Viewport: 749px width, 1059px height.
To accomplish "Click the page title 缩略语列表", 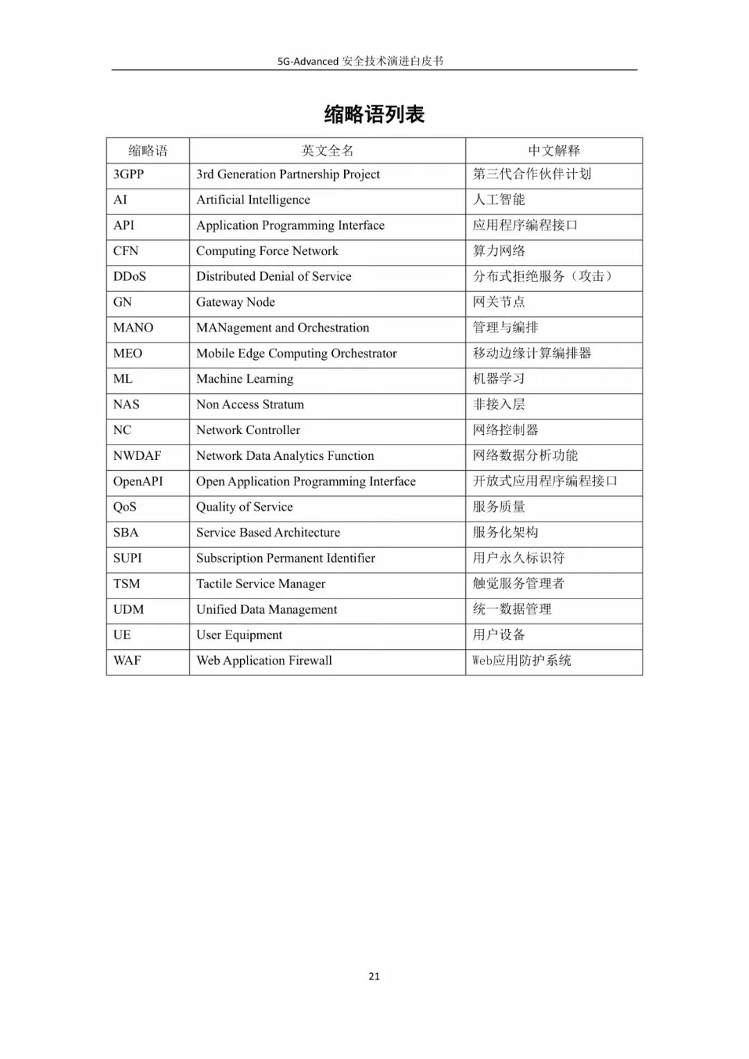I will point(374,114).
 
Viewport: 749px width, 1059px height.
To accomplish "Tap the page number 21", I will point(374,976).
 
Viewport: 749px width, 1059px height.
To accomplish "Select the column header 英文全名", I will point(327,150).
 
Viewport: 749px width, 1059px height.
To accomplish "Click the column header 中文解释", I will point(553,150).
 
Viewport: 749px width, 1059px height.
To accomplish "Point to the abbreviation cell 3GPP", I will point(128,174).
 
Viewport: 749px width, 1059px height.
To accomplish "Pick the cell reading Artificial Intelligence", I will point(253,200).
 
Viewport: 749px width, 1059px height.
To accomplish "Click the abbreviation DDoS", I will point(130,276).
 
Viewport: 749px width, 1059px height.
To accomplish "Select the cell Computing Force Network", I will point(267,251).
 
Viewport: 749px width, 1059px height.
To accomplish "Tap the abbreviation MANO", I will point(133,327).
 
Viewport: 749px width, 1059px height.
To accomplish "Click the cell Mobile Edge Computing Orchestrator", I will point(296,353).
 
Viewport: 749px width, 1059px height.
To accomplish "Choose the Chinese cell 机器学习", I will point(499,379).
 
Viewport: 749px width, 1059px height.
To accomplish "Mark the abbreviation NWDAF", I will point(137,456).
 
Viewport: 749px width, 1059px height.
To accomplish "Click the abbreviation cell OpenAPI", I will point(138,481).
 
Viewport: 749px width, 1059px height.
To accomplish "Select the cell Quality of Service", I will point(244,507).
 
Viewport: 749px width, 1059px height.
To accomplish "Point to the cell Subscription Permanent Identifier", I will point(285,558).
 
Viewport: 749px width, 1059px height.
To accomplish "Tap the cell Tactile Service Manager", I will point(261,584).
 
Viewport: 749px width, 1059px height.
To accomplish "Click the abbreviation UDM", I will point(128,610).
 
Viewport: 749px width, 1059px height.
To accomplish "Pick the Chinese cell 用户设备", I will point(499,635).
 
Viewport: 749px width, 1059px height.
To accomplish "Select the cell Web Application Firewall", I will point(264,660).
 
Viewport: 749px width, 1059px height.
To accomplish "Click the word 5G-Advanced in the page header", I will point(308,61).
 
